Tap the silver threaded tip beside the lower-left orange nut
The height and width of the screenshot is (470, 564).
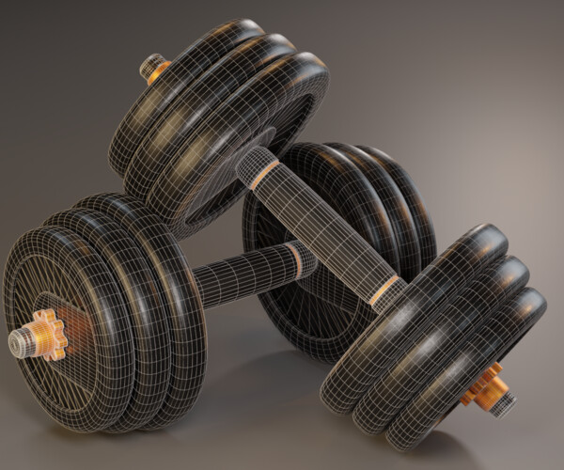click(21, 344)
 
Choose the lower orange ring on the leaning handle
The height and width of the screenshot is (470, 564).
click(385, 291)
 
